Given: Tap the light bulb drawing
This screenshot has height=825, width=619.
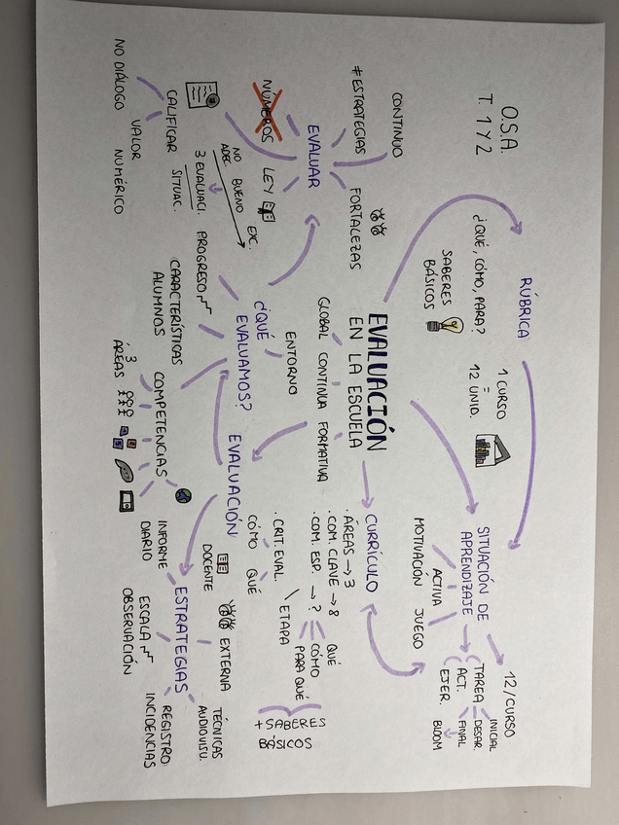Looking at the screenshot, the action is point(451,324).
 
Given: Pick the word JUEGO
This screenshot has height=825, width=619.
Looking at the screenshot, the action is point(419,627).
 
